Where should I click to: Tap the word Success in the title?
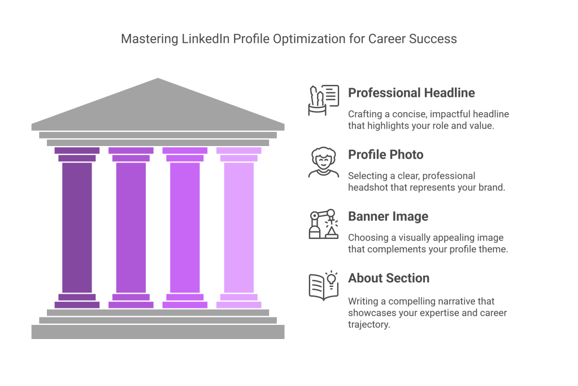point(434,40)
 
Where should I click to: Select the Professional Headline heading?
point(411,92)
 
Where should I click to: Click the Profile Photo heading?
point(385,155)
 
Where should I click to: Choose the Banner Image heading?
point(388,216)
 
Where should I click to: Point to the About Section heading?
point(388,278)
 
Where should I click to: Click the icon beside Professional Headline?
point(324,100)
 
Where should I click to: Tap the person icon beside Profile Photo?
point(324,162)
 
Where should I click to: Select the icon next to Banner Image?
point(324,224)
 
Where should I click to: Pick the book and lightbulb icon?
point(324,286)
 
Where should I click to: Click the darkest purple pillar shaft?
point(77,226)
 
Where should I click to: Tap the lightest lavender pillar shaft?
point(238,226)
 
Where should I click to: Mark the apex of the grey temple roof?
point(158,78)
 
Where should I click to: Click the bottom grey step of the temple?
point(158,332)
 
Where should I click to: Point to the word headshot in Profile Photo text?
point(367,187)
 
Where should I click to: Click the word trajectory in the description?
point(368,325)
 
